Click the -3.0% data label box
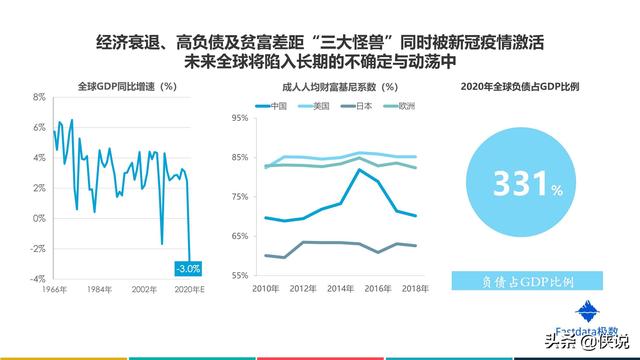[189, 268]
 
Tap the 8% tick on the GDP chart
[39, 97]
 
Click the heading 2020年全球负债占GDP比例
[521, 86]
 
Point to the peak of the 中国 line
[359, 170]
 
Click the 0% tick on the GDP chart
[39, 218]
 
